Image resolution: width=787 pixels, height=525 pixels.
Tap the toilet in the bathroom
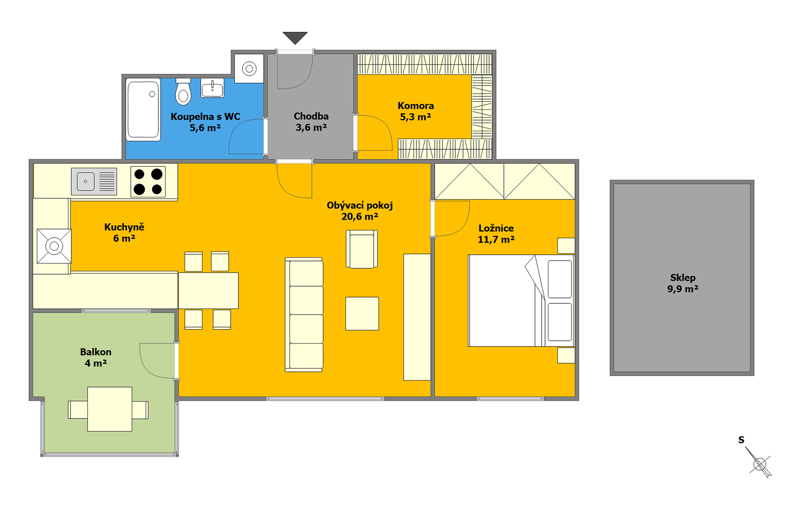coord(183,91)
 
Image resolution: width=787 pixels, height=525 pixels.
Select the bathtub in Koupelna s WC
coord(143,109)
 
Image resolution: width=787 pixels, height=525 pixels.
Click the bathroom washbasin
coord(212,87)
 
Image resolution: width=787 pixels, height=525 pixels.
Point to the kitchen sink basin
coord(86,181)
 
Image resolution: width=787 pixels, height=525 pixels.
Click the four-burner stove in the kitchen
coord(148,182)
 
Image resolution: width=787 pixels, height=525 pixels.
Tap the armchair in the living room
coord(362,249)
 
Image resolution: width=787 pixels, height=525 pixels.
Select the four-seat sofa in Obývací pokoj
coord(304,315)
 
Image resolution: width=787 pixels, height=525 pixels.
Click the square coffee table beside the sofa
coord(362,314)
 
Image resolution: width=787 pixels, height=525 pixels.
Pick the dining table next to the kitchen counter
coord(208,291)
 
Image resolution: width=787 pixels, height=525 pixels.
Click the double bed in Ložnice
coord(521,300)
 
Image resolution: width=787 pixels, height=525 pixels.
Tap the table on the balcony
coord(110,409)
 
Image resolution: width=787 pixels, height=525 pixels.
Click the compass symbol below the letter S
coord(760,463)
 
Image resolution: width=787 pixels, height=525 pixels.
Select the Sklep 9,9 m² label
coord(683,283)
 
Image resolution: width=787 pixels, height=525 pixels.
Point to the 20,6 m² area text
coord(360,217)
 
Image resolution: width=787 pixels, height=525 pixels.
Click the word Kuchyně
coord(124,227)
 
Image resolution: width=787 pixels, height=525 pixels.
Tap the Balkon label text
coord(96,352)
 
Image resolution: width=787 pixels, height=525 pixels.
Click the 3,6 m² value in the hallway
coord(311,127)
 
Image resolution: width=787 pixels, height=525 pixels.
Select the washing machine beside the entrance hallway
coord(249,69)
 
